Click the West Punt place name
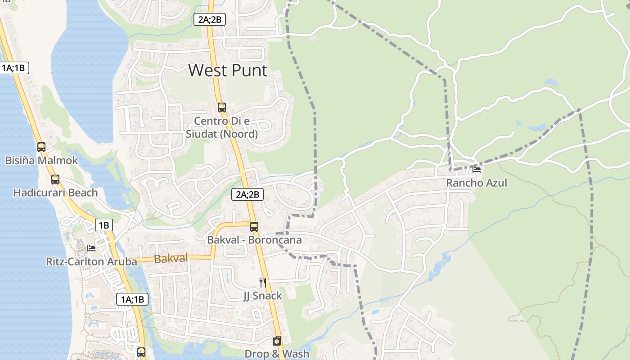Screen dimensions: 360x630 [228, 71]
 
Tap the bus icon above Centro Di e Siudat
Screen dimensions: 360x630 [221, 108]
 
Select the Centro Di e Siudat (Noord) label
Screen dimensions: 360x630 [222, 127]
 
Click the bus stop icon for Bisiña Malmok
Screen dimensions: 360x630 [41, 147]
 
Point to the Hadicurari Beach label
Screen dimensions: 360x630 [55, 193]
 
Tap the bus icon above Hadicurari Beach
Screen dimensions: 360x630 [55, 180]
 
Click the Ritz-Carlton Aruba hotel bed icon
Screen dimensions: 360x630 [91, 248]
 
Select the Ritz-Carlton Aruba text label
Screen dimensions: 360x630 [92, 261]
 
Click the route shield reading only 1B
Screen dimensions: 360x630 [104, 225]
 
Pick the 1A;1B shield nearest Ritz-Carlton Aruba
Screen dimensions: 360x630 [132, 299]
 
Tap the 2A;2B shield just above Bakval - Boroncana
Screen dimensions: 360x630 [247, 194]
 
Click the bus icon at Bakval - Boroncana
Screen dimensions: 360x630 [254, 227]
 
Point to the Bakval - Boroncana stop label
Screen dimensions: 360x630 [254, 240]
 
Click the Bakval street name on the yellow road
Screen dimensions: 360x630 [171, 259]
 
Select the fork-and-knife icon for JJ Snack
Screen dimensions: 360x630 [263, 283]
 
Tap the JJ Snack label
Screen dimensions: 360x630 [262, 296]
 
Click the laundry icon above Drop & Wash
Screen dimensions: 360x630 [277, 341]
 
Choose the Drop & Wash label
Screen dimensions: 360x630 [277, 354]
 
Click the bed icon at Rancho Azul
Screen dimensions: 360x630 [477, 170]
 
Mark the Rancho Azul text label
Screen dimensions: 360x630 [477, 183]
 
